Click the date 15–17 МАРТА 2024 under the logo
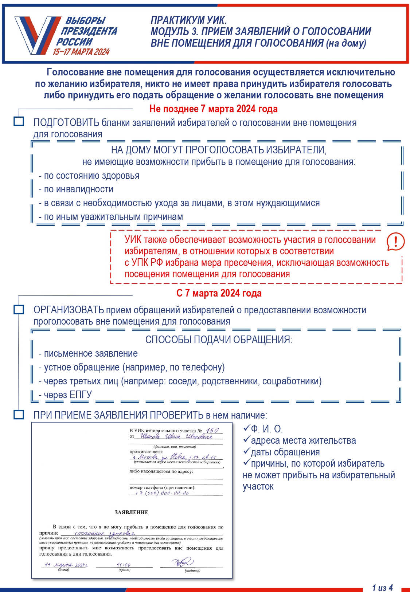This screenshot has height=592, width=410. tap(81, 52)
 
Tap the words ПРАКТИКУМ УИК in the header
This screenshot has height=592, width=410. tap(188, 20)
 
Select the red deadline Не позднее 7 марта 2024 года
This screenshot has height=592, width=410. tap(213, 109)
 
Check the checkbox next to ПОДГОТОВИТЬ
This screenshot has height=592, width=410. tap(19, 121)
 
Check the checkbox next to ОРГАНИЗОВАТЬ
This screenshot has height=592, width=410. tap(19, 309)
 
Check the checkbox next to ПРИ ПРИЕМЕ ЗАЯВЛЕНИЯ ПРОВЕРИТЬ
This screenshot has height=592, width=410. tap(19, 415)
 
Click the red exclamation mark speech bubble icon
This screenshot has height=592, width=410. tap(395, 241)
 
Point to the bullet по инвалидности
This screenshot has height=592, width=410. tap(76, 189)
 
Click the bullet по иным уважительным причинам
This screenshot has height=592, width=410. tap(111, 217)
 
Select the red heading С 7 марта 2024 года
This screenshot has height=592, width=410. tap(219, 293)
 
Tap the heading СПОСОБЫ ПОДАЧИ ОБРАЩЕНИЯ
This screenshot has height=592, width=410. tap(219, 340)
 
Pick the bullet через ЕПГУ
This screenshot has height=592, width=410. tap(66, 395)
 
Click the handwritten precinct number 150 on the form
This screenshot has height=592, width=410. tap(212, 430)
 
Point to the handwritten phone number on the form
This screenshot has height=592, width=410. tap(162, 493)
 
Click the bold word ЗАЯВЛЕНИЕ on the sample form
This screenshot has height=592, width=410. tap(132, 512)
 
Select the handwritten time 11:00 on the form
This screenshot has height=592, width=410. tap(124, 565)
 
